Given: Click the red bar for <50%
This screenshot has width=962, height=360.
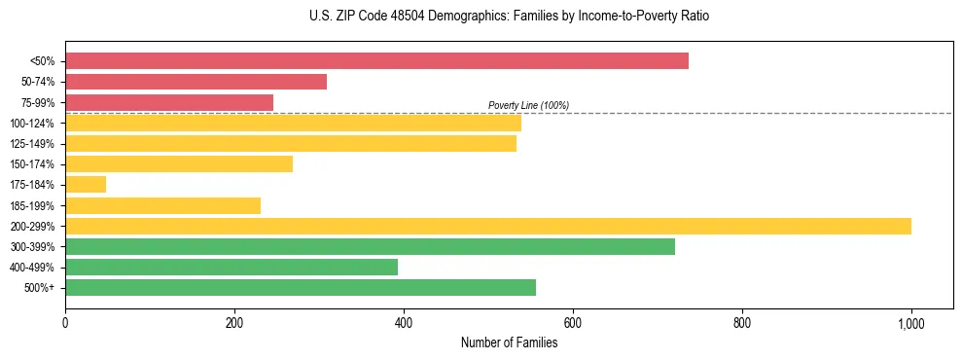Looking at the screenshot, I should tap(376, 61).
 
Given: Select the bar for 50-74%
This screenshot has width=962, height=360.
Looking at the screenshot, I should tap(196, 82).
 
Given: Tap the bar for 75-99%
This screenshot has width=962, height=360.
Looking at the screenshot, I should tap(169, 102).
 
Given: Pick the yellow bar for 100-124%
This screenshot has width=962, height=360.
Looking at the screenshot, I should tap(293, 123).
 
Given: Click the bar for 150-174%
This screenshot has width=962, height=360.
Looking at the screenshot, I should tap(179, 164).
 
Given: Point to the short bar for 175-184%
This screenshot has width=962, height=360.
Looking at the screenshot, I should tap(86, 185).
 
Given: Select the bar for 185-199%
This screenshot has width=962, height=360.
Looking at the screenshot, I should tap(162, 205).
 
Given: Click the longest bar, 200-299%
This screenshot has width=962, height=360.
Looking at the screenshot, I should tap(488, 226).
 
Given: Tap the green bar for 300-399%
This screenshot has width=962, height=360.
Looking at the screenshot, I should tap(370, 246).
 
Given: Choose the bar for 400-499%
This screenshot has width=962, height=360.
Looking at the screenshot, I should tap(232, 267).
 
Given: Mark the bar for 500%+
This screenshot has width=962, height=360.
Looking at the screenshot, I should tap(301, 287).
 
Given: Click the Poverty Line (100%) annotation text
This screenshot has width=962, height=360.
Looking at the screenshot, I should tap(528, 105).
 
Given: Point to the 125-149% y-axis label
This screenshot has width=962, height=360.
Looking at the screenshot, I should tap(32, 144).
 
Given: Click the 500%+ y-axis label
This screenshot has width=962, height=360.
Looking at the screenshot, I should tap(40, 288).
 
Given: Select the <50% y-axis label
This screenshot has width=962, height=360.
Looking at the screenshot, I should tap(42, 61).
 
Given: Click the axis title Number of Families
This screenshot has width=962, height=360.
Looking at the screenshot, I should tap(509, 342).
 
